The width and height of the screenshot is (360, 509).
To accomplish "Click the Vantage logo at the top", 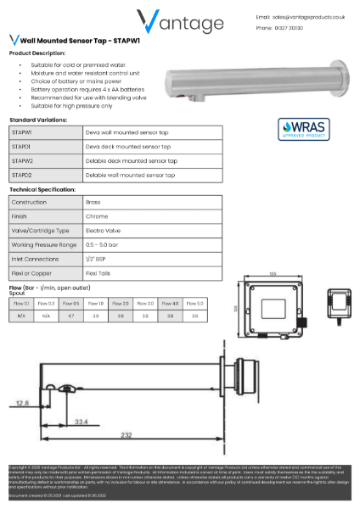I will (180, 20).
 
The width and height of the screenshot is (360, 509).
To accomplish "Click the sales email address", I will (308, 16).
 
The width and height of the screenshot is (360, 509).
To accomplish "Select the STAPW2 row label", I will (23, 159).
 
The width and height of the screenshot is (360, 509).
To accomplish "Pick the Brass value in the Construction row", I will (93, 203).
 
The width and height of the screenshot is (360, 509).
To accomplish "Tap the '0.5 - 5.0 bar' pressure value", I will (104, 243).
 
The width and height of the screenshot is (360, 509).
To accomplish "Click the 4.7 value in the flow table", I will (71, 315).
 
